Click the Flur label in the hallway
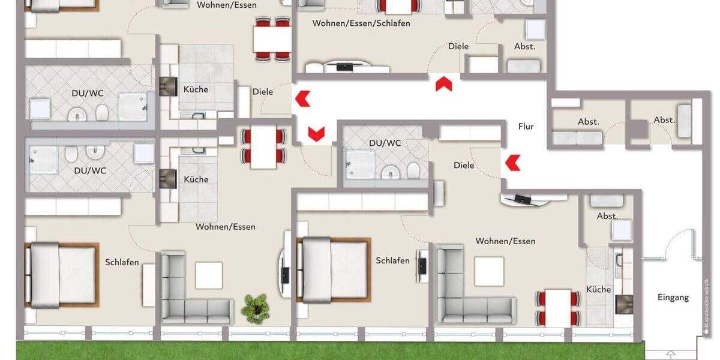[x=526, y=127]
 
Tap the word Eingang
[x=673, y=297]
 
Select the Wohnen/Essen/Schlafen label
[x=361, y=23]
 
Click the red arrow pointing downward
[x=316, y=133]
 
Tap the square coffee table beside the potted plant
[x=209, y=275]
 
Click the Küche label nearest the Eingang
[x=598, y=289]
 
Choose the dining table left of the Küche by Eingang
[x=558, y=307]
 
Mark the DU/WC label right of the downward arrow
[x=385, y=143]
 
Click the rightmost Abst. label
[x=664, y=120]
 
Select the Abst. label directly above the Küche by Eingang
[x=607, y=216]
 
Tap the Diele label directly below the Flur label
[x=464, y=165]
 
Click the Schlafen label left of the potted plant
[x=122, y=262]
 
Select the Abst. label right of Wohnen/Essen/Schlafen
[x=524, y=46]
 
